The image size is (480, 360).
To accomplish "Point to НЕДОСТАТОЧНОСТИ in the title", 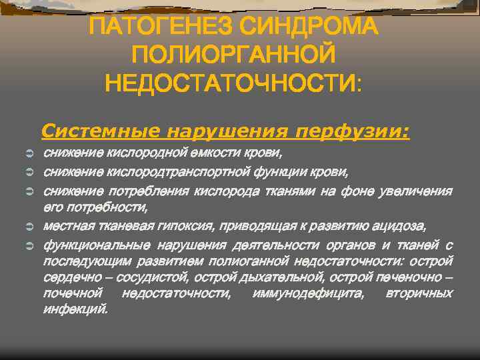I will point(231,85).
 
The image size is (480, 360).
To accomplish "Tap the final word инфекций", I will point(75,309).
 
